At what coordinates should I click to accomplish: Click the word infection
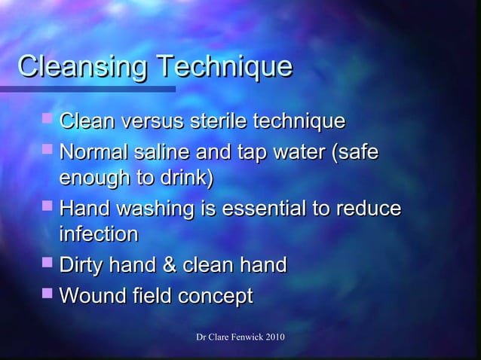pyautogui.click(x=98, y=234)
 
